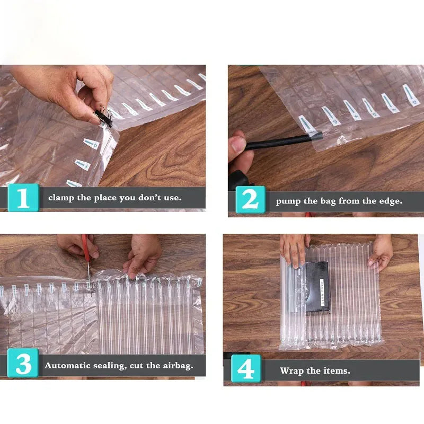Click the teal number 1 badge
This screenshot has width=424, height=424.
[x=23, y=198]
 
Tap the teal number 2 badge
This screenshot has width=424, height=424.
[x=250, y=200]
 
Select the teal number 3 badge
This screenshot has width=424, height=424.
[x=23, y=363]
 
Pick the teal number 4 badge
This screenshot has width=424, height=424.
[x=246, y=368]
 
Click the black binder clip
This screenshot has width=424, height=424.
[x=103, y=117]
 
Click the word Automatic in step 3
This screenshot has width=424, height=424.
[x=67, y=366]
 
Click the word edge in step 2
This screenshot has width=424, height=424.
[x=391, y=201]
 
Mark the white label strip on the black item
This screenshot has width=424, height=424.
[x=322, y=293]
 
